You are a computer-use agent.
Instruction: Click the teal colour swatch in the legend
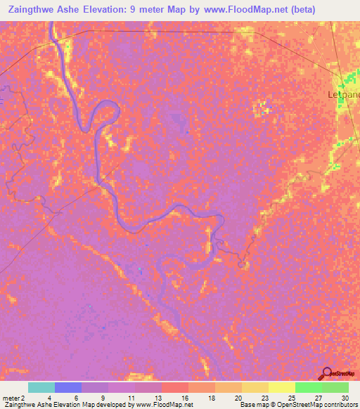(41, 387)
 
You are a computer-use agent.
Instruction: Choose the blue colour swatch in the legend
(68, 387)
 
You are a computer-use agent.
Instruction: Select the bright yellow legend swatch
(282, 387)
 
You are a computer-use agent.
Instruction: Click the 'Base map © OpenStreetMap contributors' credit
(297, 405)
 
